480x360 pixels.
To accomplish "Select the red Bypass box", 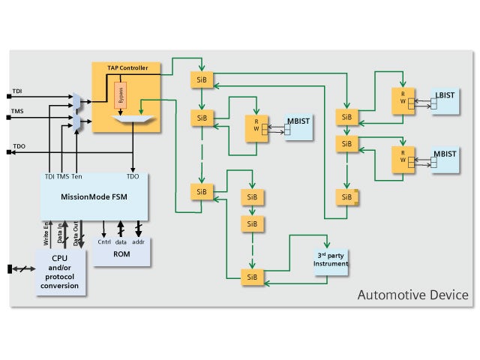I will point(119,97).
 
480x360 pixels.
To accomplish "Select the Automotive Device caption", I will point(412,295).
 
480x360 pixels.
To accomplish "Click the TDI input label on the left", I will point(17,91).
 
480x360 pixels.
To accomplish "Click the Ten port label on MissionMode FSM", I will point(76,177).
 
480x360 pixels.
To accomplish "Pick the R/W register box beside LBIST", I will point(403,100).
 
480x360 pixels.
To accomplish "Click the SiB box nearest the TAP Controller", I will point(202,79).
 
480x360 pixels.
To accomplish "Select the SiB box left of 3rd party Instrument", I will point(251,276).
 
